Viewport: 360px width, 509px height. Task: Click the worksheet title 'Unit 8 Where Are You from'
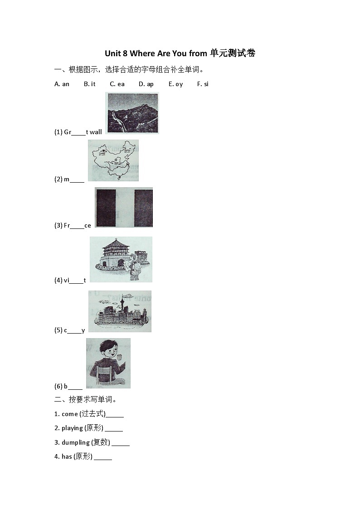pyautogui.click(x=156, y=53)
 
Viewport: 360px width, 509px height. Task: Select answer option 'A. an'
pyautogui.click(x=62, y=84)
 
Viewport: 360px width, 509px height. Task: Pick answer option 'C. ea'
pyautogui.click(x=117, y=84)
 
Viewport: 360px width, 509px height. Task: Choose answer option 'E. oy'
pyautogui.click(x=175, y=84)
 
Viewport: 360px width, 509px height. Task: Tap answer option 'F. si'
pyautogui.click(x=203, y=84)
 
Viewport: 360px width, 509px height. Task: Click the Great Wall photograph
pyautogui.click(x=132, y=113)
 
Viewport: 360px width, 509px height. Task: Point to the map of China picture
pyautogui.click(x=113, y=160)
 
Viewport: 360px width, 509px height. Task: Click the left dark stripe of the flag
pyautogui.click(x=106, y=207)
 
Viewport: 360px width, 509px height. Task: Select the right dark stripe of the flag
pyautogui.click(x=143, y=207)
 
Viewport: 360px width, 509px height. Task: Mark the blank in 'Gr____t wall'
pyautogui.click(x=78, y=132)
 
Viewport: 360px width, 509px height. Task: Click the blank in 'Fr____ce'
pyautogui.click(x=77, y=226)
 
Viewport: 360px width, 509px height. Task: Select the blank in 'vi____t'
pyautogui.click(x=76, y=281)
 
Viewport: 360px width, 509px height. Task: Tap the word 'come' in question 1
pyautogui.click(x=70, y=414)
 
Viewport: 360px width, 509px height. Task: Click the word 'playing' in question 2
pyautogui.click(x=72, y=428)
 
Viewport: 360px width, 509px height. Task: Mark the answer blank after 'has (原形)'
pyautogui.click(x=103, y=457)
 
